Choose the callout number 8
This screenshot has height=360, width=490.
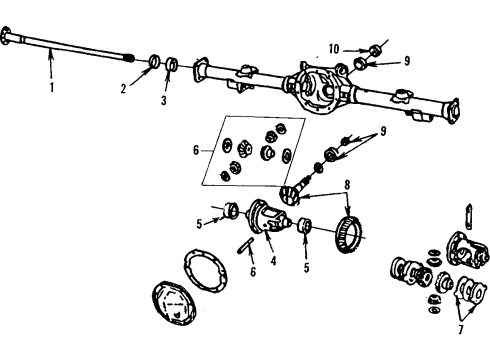(x=347, y=184)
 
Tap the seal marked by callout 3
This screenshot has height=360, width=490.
(x=172, y=67)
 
